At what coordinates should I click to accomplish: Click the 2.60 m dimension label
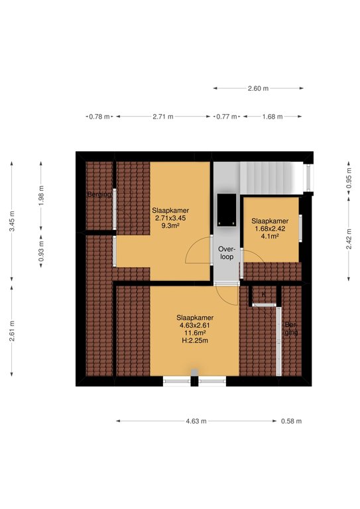[x=258, y=88]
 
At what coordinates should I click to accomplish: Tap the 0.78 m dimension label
[x=99, y=117]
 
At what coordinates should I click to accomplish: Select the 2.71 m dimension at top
[x=163, y=117]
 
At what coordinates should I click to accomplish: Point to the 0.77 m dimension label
[x=227, y=117]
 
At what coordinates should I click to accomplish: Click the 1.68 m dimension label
[x=272, y=117]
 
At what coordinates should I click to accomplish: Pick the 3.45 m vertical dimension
[x=12, y=221]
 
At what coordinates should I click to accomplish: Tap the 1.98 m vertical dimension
[x=41, y=196]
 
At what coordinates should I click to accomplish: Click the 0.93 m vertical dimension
[x=41, y=251]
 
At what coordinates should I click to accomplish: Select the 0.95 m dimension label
[x=349, y=178]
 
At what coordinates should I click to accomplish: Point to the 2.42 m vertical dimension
[x=349, y=239]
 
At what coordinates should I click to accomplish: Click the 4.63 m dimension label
[x=196, y=421]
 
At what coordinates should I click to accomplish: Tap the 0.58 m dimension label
[x=291, y=421]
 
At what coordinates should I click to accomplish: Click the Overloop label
[x=227, y=253]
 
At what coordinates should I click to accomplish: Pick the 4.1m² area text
[x=270, y=237]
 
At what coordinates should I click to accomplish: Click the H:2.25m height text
[x=195, y=341]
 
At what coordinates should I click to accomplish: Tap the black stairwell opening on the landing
[x=227, y=209]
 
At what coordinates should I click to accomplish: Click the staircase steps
[x=271, y=178]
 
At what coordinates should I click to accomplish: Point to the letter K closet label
[x=264, y=295]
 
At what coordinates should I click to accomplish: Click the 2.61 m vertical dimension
[x=12, y=331]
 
